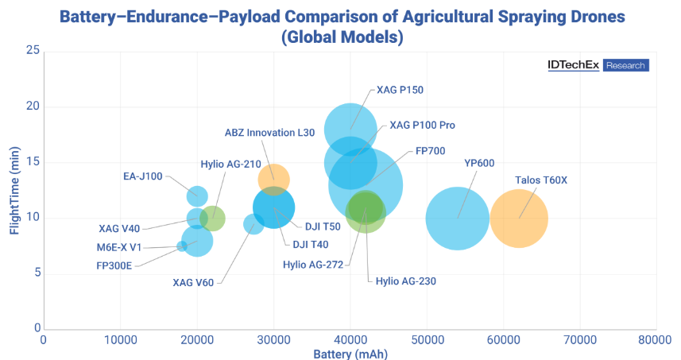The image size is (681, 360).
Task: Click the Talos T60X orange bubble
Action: pos(519,218)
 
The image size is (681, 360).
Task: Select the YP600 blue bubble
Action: pos(457,218)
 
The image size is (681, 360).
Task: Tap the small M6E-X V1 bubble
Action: pos(182,246)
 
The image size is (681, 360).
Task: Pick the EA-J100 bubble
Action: pos(197,195)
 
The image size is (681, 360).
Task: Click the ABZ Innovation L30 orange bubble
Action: pos(273,179)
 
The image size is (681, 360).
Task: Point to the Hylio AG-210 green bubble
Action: pos(212,218)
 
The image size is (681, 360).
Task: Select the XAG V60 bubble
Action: pos(253,224)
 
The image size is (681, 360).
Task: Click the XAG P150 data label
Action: pos(400,90)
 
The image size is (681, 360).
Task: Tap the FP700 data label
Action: pos(430,151)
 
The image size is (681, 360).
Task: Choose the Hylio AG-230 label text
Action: pos(405,281)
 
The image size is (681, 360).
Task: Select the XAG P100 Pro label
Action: pos(422,126)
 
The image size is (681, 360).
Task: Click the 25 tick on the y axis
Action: pos(33,51)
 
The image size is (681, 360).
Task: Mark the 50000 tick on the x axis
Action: pos(426,339)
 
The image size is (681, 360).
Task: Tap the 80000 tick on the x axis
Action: pos(656,339)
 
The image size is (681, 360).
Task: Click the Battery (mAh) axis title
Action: pos(350,353)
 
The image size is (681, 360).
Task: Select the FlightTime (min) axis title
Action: pos(14,189)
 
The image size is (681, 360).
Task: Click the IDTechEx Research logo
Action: pos(598,65)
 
